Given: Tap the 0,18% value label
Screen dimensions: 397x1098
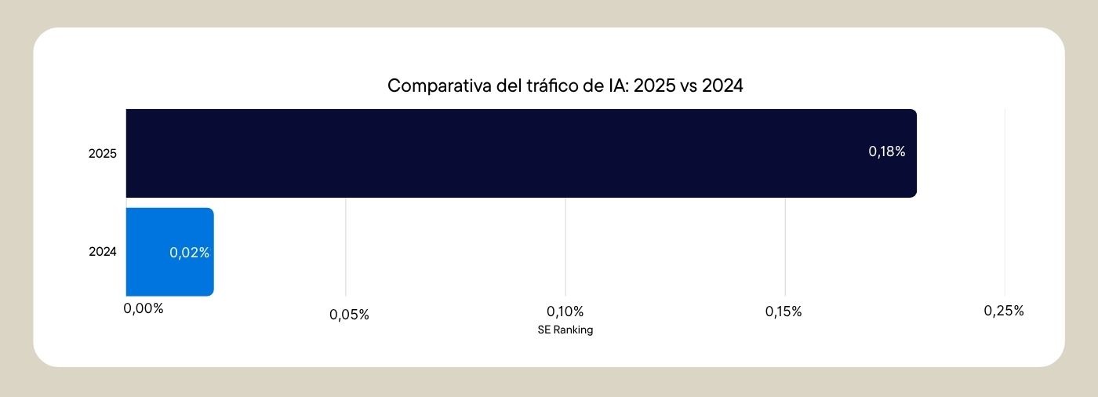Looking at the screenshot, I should point(886,152).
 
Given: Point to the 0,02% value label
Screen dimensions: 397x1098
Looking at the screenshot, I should point(189,253).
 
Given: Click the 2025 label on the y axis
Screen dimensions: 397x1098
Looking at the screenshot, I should point(103,154).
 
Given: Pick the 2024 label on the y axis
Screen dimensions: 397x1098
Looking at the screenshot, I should point(103,252).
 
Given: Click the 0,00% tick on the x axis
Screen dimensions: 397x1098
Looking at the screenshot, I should point(144,308).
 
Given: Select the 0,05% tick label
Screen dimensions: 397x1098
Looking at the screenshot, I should point(349,315).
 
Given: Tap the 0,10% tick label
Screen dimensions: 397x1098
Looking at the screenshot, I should point(565,311).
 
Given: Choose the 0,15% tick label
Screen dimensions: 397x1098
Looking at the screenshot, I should point(784,311).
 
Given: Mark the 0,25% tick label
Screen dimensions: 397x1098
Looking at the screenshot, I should point(1004,311).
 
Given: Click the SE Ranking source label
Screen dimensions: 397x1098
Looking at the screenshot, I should point(565,330).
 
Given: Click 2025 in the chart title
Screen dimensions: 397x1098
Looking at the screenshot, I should point(653,86).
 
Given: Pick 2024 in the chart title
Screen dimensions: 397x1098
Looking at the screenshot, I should point(722,86).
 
